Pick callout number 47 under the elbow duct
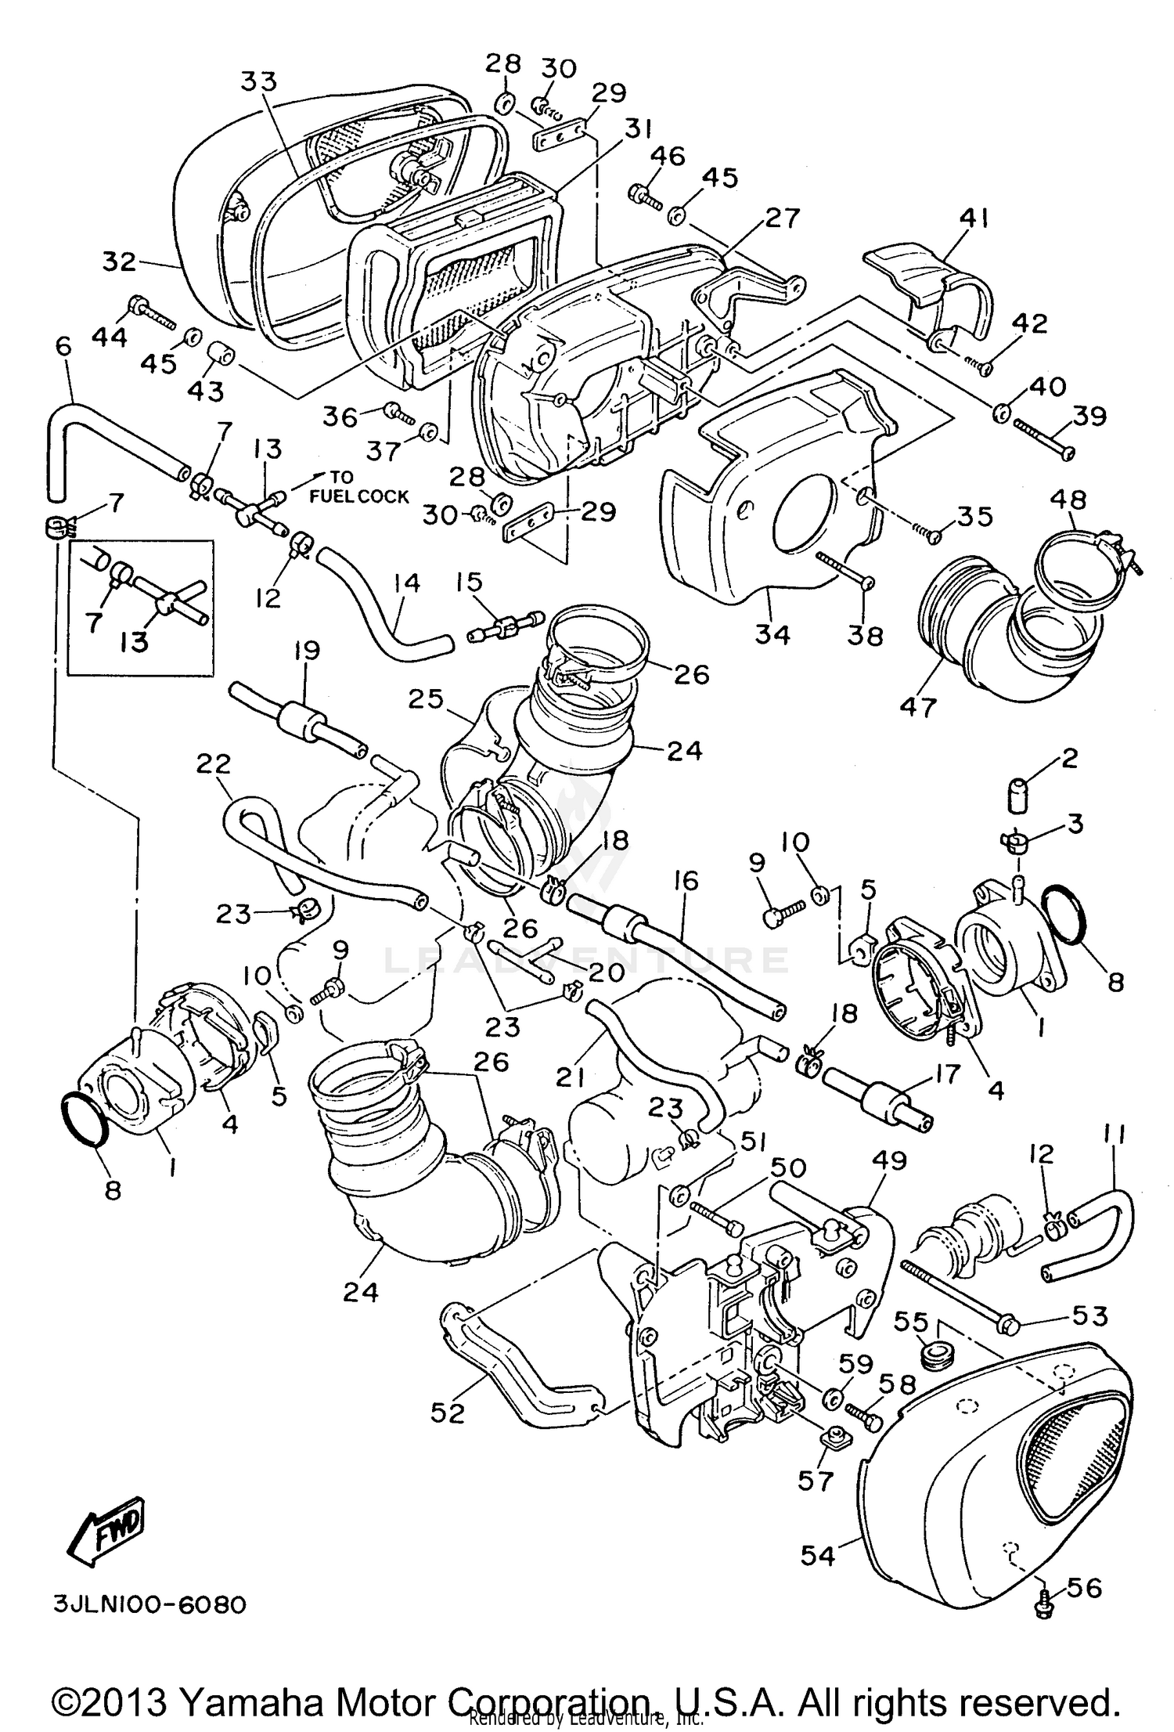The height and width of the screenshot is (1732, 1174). point(918,706)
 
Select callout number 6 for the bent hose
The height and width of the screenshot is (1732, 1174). point(63,346)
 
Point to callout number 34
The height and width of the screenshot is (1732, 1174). point(773,634)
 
